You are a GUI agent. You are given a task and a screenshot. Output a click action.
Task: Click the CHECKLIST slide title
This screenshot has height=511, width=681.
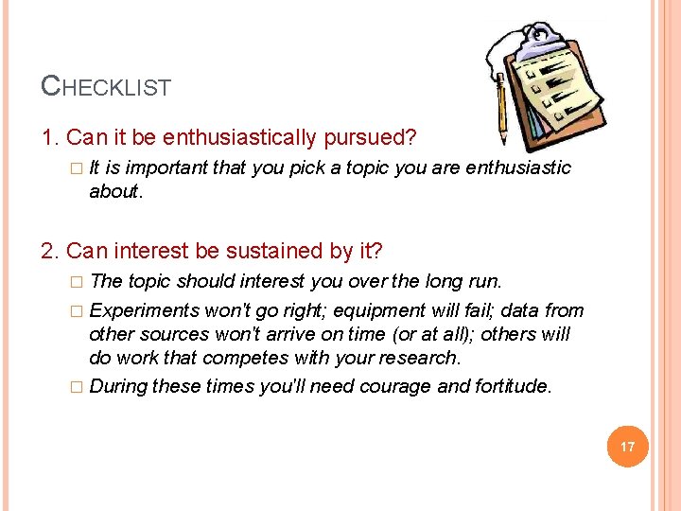[x=106, y=87]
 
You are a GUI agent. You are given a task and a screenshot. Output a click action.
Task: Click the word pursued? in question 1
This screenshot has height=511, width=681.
[x=377, y=138]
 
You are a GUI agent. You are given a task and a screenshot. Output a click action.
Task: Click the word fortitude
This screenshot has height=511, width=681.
[x=505, y=386]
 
